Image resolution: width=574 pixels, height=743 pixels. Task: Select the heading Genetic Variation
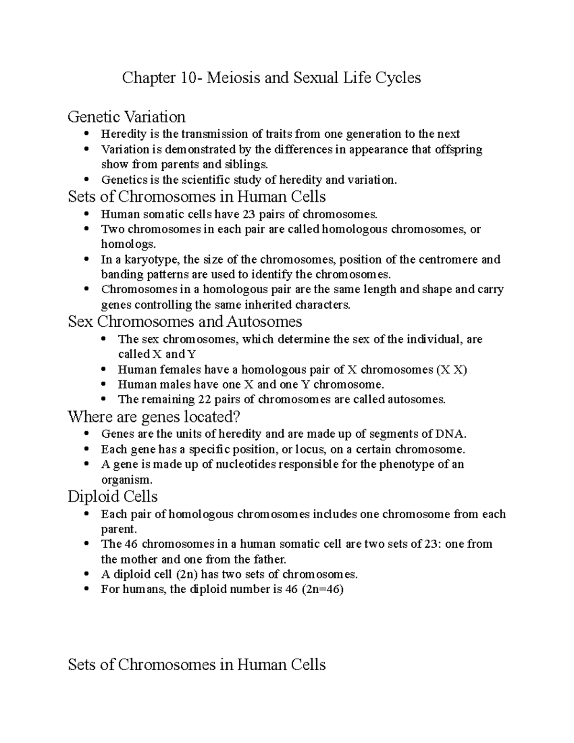click(x=127, y=116)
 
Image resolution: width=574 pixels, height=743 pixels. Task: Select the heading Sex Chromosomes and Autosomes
click(x=185, y=321)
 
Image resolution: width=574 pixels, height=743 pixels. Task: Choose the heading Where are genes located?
click(x=154, y=417)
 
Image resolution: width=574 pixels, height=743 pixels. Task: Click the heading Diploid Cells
click(x=113, y=497)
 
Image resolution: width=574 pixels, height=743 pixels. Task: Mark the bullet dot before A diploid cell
click(x=87, y=574)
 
